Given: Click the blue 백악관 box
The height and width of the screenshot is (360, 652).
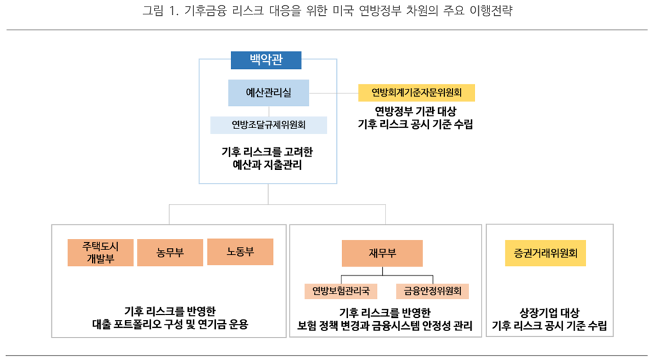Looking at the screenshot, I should [266, 61].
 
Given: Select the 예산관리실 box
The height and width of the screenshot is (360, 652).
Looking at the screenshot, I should [268, 93].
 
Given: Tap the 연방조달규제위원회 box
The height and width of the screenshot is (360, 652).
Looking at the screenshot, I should [268, 125].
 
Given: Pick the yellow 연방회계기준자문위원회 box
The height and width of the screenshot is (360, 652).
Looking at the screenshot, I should [415, 92].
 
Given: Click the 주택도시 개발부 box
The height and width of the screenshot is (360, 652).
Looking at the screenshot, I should [100, 252].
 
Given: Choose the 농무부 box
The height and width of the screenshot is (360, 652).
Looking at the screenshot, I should [170, 252].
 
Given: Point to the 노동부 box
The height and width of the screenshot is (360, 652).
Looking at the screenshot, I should [240, 251].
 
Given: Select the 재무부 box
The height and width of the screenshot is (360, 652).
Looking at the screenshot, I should [382, 253].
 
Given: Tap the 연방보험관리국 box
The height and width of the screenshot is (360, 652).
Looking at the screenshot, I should [341, 290].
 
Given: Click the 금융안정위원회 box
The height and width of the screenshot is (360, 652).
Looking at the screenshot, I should [432, 290].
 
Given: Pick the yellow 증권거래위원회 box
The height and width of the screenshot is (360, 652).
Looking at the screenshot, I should [545, 253].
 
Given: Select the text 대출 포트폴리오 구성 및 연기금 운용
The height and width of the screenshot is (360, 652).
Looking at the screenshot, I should [170, 324].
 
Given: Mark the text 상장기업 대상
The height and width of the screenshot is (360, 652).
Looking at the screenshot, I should [549, 311].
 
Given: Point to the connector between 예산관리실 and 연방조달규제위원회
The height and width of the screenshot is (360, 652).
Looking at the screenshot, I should [268, 111].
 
